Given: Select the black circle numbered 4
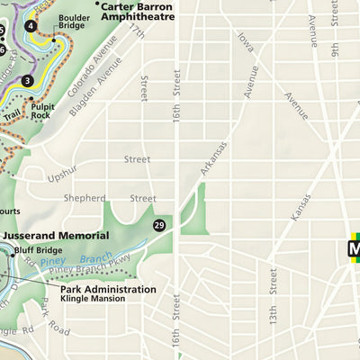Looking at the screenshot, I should pos(31,25).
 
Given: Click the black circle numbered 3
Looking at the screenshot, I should pos(28,81).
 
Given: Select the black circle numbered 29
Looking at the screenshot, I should pos(159,225).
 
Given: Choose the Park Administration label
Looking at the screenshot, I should pos(107,289).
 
